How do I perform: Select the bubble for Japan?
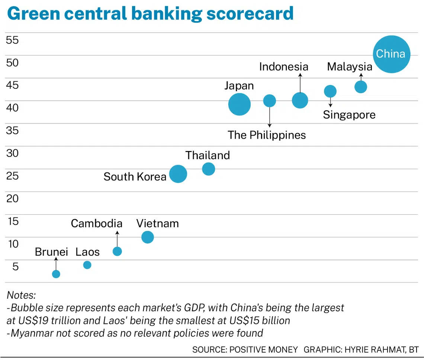(239, 104)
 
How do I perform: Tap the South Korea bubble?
(178, 174)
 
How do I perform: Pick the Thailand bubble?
(208, 169)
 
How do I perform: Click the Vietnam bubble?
(148, 237)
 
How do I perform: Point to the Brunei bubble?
(56, 274)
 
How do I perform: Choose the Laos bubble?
(87, 265)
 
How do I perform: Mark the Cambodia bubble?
(117, 251)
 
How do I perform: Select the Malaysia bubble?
(361, 87)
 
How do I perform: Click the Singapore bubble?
(330, 91)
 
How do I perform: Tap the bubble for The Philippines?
(269, 100)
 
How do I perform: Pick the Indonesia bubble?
(300, 100)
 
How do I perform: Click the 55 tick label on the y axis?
(12, 40)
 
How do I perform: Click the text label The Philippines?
(267, 135)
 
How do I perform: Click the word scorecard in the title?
(250, 13)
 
